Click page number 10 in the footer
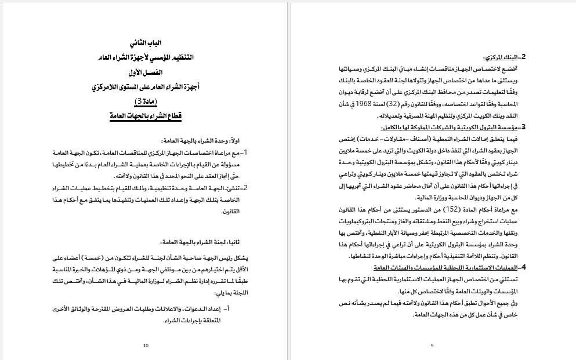click(145, 346)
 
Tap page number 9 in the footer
click(432, 346)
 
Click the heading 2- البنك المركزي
click(504, 57)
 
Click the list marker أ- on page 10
click(243, 308)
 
